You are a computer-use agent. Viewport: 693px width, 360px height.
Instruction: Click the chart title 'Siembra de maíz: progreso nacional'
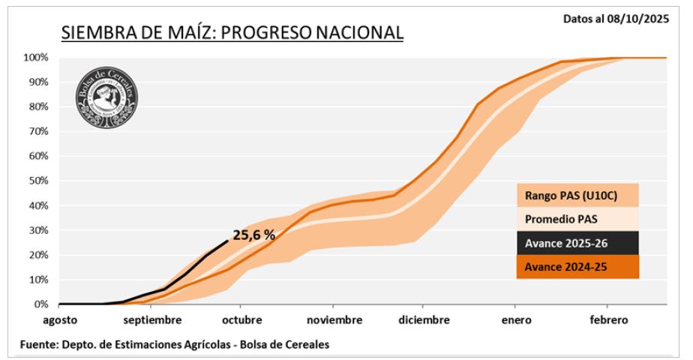232,32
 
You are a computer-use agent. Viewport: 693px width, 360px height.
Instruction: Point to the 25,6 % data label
253,235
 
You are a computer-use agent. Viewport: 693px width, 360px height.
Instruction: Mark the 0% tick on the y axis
41,304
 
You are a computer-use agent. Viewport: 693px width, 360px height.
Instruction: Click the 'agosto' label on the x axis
59,320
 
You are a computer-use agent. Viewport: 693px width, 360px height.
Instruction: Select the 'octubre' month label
241,320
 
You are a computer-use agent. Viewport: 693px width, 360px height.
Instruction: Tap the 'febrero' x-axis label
607,320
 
